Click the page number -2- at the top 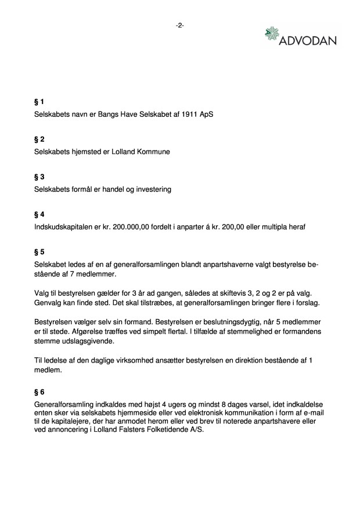pyautogui.click(x=179, y=25)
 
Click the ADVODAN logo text pyautogui.click(x=308, y=42)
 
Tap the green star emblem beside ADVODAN pyautogui.click(x=272, y=34)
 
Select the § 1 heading pyautogui.click(x=39, y=103)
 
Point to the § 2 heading pyautogui.click(x=39, y=139)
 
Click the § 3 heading pyautogui.click(x=39, y=177)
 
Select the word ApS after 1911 pyautogui.click(x=206, y=114)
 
